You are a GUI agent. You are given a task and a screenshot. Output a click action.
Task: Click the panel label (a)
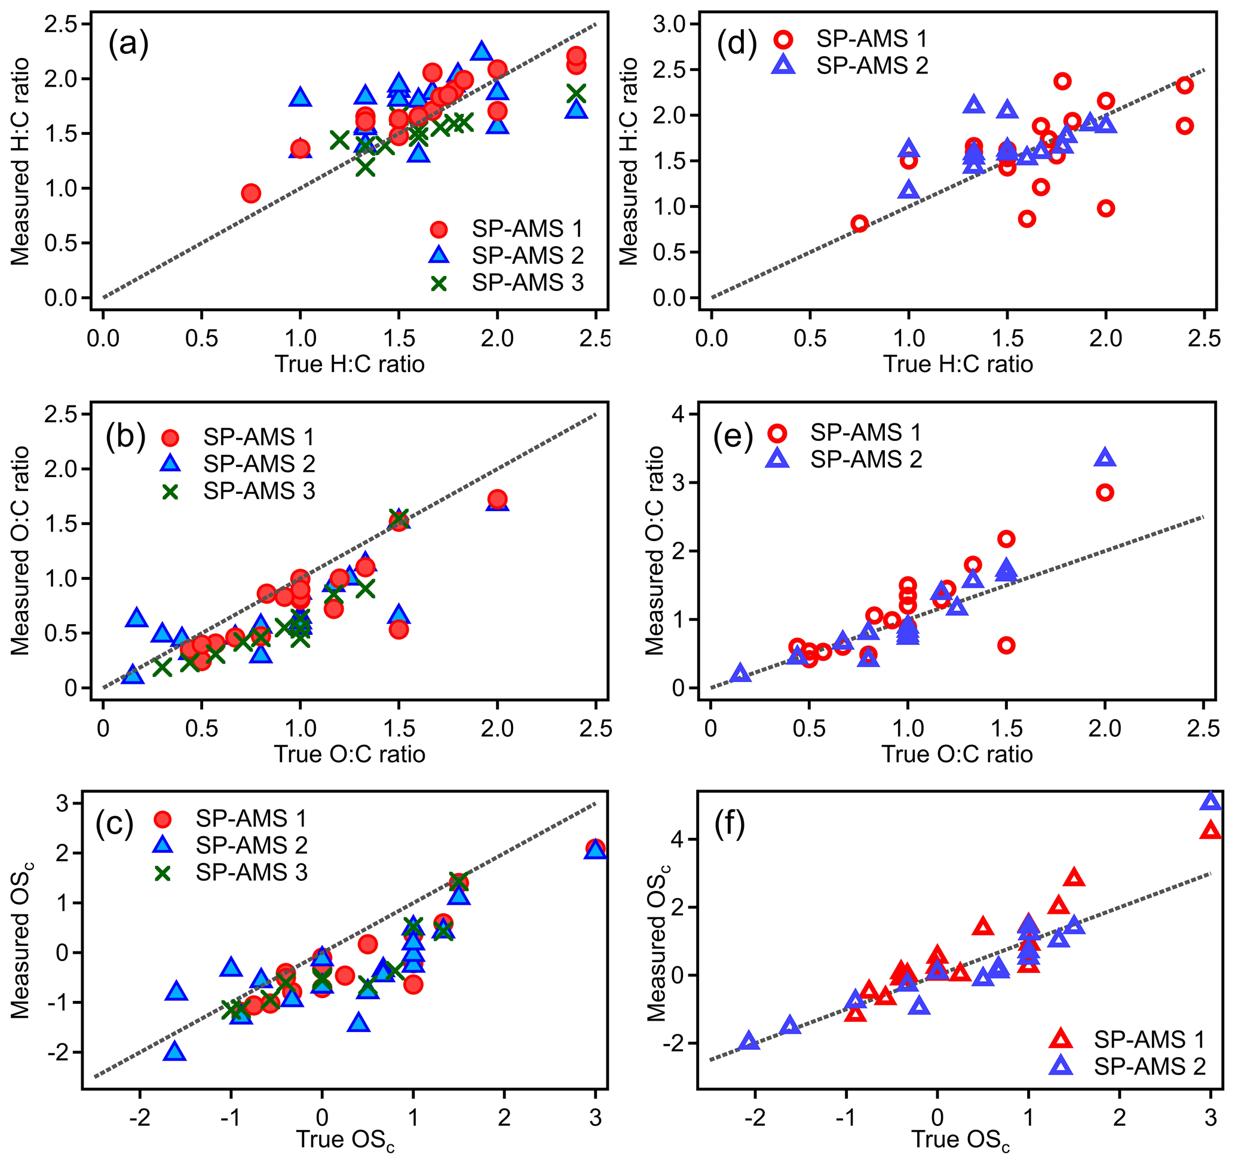[x=128, y=45]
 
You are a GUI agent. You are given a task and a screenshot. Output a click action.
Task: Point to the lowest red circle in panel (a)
[x=251, y=194]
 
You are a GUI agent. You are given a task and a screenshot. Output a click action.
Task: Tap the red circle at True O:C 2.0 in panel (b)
[x=497, y=499]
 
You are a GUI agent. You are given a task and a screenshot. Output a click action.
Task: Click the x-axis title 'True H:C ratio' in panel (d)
[x=958, y=364]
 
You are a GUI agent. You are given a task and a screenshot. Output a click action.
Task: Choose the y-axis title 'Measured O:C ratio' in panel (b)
[x=20, y=551]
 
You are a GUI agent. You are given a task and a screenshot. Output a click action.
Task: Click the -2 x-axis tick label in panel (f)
[x=755, y=1117]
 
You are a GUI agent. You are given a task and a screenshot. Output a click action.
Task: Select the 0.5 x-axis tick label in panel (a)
[x=201, y=339]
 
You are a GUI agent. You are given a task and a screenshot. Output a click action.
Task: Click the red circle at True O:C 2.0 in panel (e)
[x=1105, y=493]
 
